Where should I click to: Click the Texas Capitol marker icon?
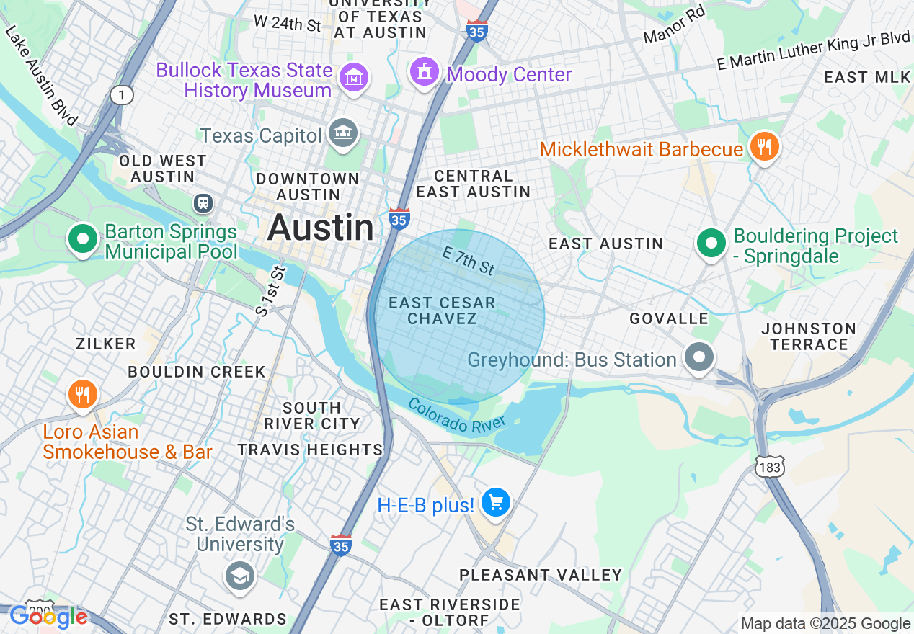click(343, 133)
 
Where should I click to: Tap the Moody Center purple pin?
click(425, 71)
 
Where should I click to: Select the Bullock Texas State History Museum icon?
click(354, 77)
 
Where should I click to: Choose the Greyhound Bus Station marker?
click(698, 357)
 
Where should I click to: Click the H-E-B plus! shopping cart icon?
click(496, 502)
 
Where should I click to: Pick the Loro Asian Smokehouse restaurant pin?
click(83, 395)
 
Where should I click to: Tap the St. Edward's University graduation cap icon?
click(239, 575)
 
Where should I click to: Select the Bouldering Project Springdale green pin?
click(711, 244)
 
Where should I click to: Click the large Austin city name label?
click(321, 228)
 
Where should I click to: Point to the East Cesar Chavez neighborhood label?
click(442, 311)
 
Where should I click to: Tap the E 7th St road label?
click(469, 261)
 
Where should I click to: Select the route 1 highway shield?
click(122, 94)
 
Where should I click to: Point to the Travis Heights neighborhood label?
click(310, 450)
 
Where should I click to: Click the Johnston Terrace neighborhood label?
click(809, 336)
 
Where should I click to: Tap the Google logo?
click(49, 617)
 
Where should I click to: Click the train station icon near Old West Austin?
click(203, 203)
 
